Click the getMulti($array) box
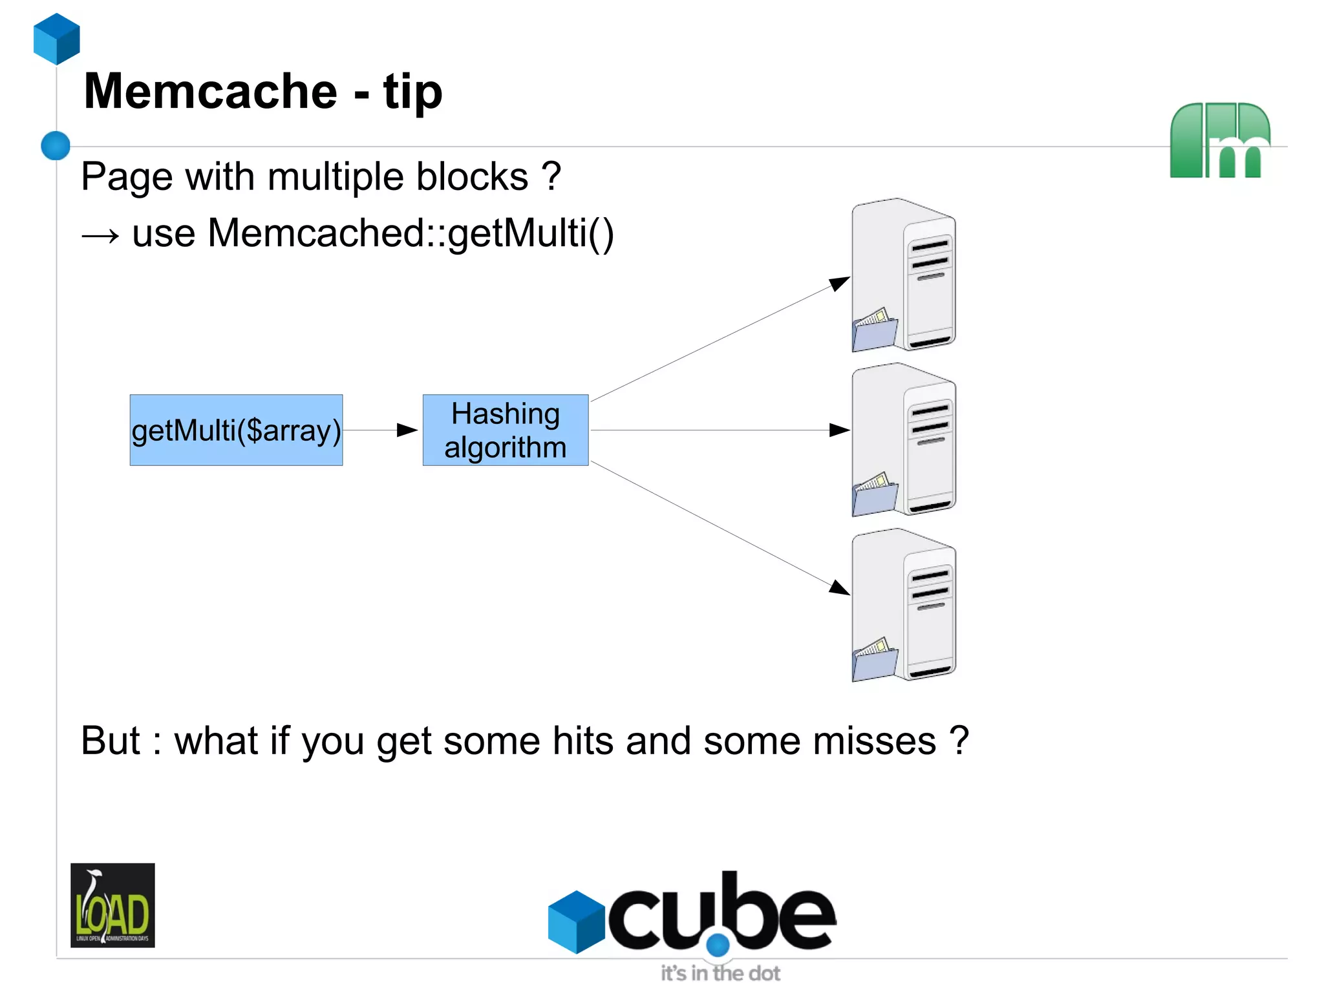tap(236, 430)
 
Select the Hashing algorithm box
tap(505, 430)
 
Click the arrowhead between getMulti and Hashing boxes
tap(407, 430)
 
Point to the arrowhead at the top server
tap(840, 283)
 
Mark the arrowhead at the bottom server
tap(840, 588)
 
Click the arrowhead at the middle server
tap(840, 430)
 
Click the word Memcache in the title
tap(210, 92)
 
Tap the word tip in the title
tap(412, 92)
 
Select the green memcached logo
tap(1219, 140)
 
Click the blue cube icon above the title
tap(57, 39)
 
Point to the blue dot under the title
tap(56, 145)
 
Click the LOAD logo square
tap(112, 905)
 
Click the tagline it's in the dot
tap(720, 973)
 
